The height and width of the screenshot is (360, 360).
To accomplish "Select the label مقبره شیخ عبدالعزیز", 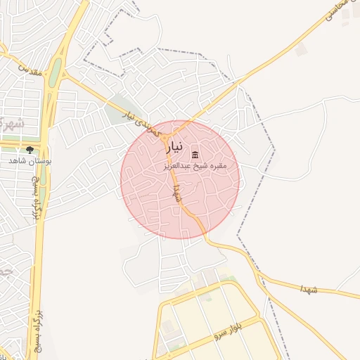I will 209,165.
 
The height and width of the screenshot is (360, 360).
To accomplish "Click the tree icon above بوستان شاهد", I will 30,149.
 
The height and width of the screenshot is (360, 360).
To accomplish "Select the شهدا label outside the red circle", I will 309,289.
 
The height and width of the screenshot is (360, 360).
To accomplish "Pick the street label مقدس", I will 28,70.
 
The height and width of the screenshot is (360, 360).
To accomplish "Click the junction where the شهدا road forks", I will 209,240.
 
